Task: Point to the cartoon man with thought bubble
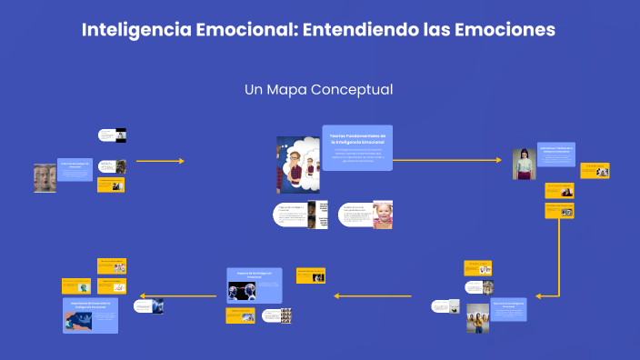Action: [296, 165]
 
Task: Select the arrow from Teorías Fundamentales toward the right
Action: [445, 160]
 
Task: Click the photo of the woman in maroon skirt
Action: [523, 165]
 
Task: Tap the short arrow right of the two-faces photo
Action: [159, 160]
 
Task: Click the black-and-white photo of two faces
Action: [45, 178]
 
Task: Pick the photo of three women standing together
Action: [478, 318]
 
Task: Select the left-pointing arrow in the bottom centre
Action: [373, 295]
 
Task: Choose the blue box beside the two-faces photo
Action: [75, 169]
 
